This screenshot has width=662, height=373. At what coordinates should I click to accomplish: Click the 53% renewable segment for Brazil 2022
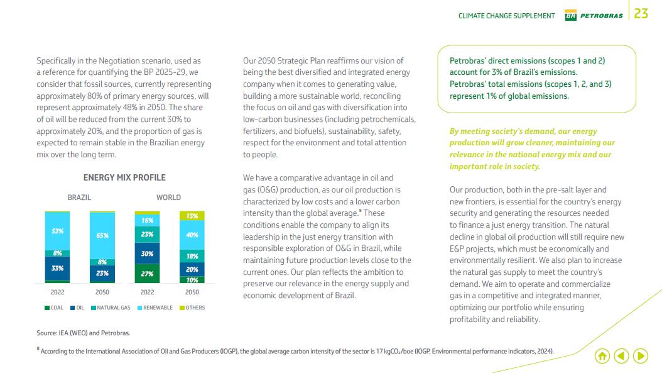click(57, 231)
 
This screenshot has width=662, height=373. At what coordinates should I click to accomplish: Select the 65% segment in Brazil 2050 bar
click(102, 235)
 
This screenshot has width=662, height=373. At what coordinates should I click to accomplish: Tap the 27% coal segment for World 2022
click(147, 274)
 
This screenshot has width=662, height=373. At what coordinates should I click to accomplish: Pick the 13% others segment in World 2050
click(192, 216)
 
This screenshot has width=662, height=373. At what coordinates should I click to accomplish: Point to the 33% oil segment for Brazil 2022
click(57, 268)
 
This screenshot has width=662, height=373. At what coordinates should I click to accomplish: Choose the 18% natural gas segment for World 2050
click(192, 256)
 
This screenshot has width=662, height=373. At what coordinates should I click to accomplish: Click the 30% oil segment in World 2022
click(147, 253)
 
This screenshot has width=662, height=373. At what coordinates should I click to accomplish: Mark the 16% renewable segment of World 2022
click(147, 221)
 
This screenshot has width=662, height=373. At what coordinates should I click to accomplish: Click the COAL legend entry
click(53, 308)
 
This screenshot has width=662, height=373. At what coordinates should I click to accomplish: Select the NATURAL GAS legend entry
click(111, 308)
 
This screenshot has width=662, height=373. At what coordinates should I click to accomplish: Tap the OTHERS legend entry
click(192, 308)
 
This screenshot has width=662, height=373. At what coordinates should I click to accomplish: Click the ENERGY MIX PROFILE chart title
click(124, 177)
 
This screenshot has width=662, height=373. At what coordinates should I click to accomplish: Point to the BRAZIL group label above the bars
click(79, 198)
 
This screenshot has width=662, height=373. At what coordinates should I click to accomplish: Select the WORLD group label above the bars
click(168, 198)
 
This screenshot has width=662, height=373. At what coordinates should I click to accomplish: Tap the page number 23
click(641, 14)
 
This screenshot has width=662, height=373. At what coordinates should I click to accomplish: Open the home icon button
click(602, 356)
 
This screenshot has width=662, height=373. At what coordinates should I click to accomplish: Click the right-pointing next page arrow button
click(641, 356)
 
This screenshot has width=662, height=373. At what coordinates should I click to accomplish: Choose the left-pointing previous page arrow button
click(621, 356)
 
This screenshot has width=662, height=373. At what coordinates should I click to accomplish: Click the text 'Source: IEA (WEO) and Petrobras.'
click(84, 333)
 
